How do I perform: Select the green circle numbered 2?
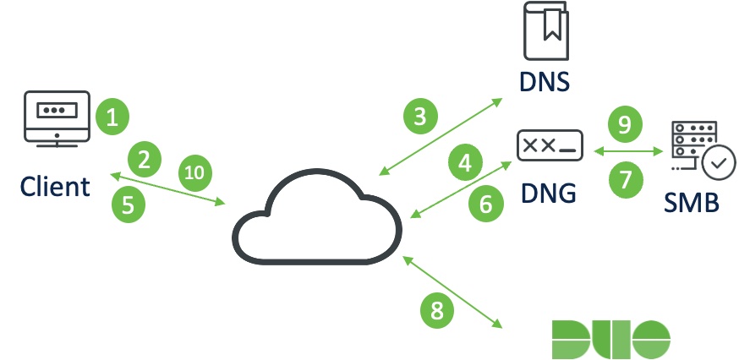pyautogui.click(x=145, y=158)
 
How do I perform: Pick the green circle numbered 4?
pyautogui.click(x=464, y=163)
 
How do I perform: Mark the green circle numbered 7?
pyautogui.click(x=626, y=178)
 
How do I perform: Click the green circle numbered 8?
pyautogui.click(x=437, y=309)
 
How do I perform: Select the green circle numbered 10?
pyautogui.click(x=194, y=173)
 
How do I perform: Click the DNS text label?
pyautogui.click(x=545, y=82)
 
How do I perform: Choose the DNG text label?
pyautogui.click(x=546, y=193)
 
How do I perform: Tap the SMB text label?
pyautogui.click(x=690, y=202)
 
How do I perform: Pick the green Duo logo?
pyautogui.click(x=610, y=338)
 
